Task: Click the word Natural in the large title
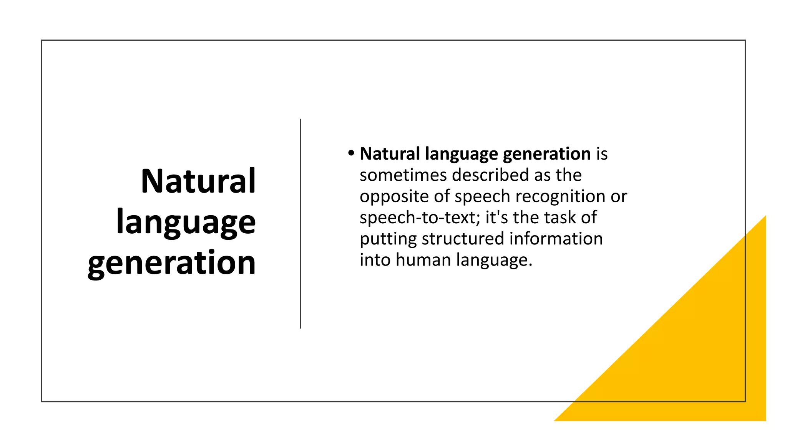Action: [198, 181]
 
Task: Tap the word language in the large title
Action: [186, 223]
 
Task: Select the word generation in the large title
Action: [172, 263]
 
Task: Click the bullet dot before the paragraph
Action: [351, 153]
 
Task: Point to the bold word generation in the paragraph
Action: [546, 154]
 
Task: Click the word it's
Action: [496, 218]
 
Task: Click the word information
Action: [556, 239]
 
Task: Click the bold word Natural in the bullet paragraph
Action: [390, 154]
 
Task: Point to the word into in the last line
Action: [374, 260]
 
